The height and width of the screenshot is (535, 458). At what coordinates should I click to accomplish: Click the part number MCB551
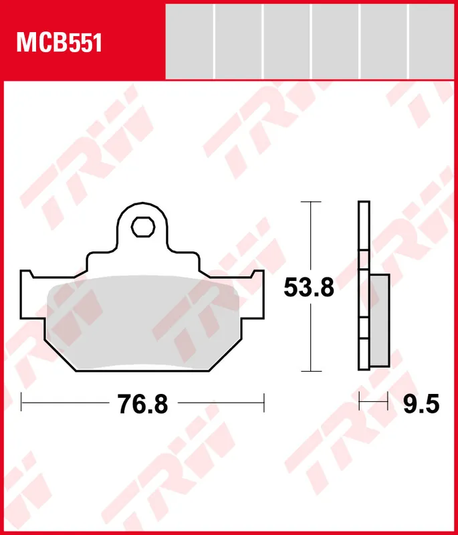[x=59, y=43]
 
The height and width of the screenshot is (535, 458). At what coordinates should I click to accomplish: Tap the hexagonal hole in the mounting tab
[x=141, y=227]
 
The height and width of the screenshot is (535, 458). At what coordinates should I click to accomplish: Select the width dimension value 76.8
[x=142, y=405]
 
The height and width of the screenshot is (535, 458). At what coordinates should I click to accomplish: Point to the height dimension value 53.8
[x=308, y=288]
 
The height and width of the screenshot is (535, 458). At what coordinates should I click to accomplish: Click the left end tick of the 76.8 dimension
[x=21, y=403]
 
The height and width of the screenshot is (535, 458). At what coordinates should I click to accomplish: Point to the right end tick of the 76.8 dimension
[x=265, y=403]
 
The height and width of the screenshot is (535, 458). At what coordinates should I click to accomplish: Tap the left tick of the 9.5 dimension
[x=360, y=403]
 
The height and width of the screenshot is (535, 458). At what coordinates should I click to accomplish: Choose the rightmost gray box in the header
[x=433, y=41]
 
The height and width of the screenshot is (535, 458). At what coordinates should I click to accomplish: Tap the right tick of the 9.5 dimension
[x=388, y=403]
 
